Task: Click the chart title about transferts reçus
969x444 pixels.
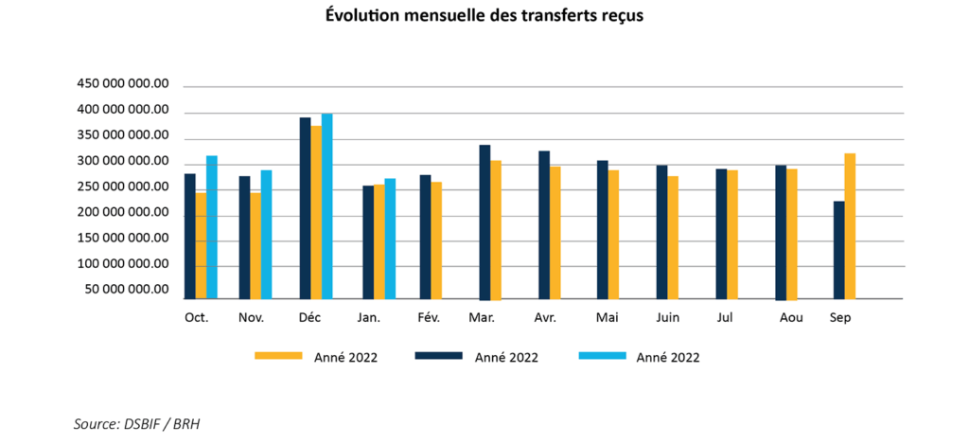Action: click(484, 16)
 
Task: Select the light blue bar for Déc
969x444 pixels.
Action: click(327, 205)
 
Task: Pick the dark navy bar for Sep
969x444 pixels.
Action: click(838, 249)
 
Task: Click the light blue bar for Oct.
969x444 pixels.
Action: click(212, 226)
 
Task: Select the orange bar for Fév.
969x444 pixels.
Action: click(436, 240)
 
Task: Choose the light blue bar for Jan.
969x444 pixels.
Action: click(390, 238)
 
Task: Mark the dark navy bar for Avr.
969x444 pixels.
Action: click(544, 224)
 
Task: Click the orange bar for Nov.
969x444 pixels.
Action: click(255, 245)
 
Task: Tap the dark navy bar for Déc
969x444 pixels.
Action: click(305, 207)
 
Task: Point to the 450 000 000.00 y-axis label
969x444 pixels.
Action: click(123, 84)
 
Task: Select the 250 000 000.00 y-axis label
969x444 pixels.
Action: click(123, 186)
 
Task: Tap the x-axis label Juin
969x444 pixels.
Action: click(668, 318)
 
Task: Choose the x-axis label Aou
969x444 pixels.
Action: click(791, 318)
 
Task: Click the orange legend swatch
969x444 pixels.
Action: click(278, 356)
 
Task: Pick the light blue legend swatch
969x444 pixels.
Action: click(601, 356)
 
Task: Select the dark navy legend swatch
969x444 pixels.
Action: click(438, 356)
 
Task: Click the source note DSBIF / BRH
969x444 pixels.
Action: click(136, 423)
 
